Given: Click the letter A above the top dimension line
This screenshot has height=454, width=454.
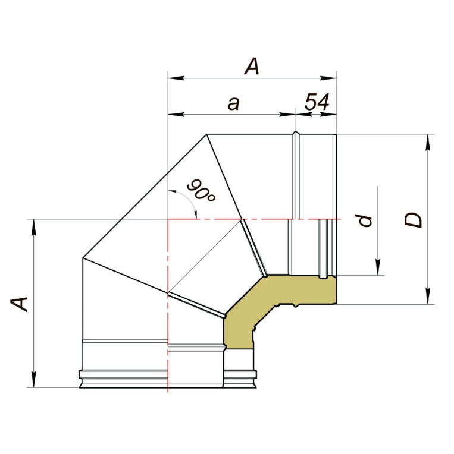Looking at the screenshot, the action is coord(252,67).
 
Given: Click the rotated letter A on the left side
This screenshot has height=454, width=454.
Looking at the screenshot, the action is coord(19,304).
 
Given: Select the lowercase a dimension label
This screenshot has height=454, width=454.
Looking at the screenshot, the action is coord(234,103).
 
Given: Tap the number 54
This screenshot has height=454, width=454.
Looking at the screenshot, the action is coord(317,102).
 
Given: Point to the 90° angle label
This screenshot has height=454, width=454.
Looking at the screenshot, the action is coord(201,191).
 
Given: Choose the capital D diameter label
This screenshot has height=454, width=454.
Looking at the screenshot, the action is coord(413,220).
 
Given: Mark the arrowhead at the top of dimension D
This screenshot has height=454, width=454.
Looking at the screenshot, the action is coord(428,142).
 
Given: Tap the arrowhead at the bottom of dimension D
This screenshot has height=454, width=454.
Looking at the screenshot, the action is coord(428,296).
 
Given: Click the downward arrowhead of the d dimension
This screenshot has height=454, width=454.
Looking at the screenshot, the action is coord(378,267).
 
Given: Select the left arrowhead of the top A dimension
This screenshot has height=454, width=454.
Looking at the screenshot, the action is coord(176,78).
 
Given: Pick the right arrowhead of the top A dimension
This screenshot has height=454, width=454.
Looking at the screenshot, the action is coord(328,78).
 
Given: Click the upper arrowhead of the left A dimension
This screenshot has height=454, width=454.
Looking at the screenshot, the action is coord(34,228).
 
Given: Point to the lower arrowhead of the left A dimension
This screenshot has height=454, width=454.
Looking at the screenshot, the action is coord(34,379).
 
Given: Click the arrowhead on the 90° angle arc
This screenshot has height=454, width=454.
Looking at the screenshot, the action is coord(195,213).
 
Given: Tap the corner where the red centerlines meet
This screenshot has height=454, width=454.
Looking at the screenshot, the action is coord(168,219).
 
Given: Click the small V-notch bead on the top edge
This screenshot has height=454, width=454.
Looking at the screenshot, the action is coord(295,134).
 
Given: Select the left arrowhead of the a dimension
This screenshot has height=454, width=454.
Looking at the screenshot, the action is coord(176,114).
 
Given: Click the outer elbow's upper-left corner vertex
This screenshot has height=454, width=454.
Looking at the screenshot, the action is coord(206,134).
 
